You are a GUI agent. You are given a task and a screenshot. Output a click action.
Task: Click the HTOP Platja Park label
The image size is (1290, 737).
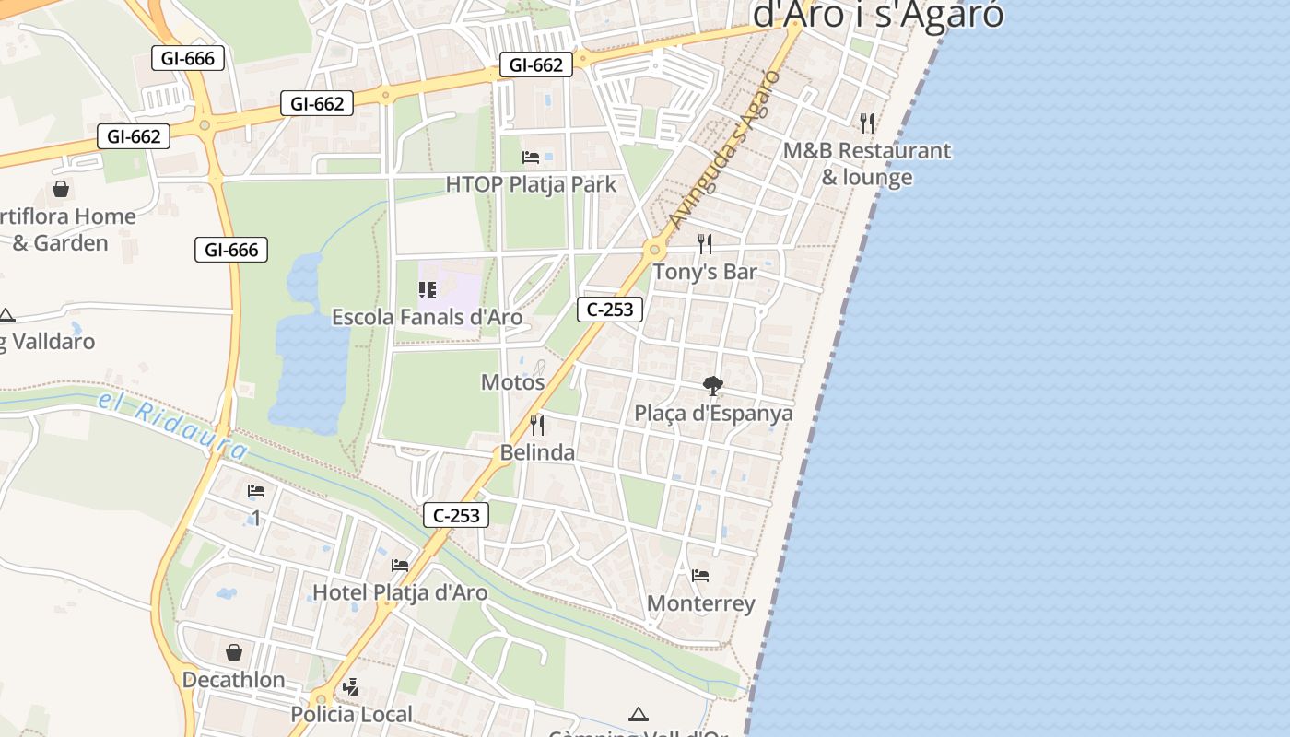[531, 184]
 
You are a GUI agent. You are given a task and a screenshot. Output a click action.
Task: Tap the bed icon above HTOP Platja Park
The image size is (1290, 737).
[531, 158]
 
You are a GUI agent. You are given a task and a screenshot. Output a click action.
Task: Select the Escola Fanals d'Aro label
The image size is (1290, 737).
[427, 318]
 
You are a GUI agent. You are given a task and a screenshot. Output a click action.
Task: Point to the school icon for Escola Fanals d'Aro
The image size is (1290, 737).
[427, 291]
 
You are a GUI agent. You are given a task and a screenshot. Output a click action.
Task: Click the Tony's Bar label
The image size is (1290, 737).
[705, 272]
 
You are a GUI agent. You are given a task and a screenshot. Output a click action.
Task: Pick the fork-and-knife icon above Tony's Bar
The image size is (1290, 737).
[705, 244]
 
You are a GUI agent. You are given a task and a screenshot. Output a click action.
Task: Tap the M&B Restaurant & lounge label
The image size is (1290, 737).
[866, 164]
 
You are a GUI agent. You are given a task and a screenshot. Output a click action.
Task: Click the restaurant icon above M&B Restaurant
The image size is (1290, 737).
[866, 123]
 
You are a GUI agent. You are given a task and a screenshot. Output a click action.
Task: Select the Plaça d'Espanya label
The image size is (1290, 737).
[713, 413]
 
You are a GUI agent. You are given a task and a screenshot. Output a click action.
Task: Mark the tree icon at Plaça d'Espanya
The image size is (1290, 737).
[712, 385]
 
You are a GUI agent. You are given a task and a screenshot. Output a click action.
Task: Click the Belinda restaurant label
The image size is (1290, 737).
[537, 452]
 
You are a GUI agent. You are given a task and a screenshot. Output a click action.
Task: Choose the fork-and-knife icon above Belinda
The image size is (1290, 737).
[537, 426]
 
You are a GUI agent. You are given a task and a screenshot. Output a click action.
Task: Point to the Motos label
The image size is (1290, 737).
[512, 382]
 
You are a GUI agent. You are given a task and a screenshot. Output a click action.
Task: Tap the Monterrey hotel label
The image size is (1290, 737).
[700, 603]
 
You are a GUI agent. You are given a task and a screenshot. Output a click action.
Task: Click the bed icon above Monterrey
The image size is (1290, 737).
[700, 577]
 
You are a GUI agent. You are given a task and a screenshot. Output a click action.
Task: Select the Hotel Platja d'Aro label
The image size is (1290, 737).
[400, 592]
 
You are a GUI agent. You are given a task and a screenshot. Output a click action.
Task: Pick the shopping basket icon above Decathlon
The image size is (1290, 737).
[234, 652]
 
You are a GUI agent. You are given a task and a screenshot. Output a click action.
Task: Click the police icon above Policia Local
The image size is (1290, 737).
[350, 686]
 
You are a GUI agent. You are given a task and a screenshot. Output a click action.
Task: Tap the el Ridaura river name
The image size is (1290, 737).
[172, 426]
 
